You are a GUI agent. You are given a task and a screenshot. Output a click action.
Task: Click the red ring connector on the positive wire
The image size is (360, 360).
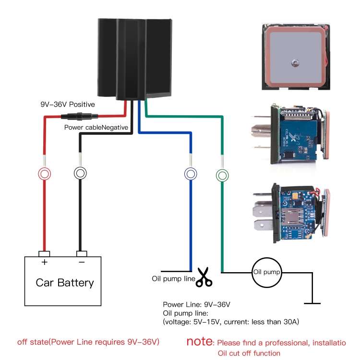tap(45, 173)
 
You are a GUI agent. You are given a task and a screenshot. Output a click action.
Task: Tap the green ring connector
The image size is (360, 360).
tap(222, 175)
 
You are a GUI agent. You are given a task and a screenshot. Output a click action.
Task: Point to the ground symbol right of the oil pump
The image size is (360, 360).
tap(312, 302)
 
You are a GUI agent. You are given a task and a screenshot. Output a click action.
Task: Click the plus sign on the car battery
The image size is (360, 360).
tap(45, 262)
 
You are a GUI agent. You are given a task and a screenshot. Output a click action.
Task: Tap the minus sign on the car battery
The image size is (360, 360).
tap(82, 262)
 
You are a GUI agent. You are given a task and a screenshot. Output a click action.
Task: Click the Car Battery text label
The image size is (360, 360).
tap(65, 282)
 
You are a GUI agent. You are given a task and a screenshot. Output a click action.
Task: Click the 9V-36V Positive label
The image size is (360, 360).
tap(67, 104)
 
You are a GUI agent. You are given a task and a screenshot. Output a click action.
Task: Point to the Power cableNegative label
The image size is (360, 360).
tap(96, 128)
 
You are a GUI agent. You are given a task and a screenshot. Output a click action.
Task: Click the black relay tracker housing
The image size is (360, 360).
tap(134, 58)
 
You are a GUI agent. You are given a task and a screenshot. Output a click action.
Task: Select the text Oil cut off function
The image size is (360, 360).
tap(249, 353)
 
